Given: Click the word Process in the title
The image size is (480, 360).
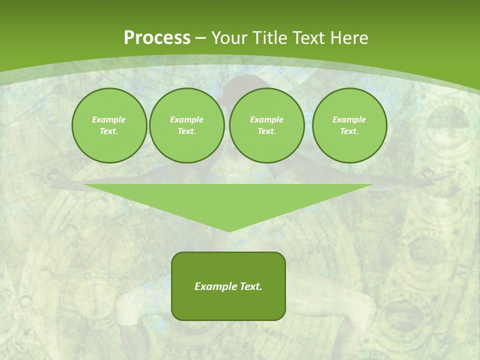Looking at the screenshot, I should click(x=157, y=38).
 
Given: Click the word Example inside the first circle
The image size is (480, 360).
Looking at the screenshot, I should click(x=109, y=119).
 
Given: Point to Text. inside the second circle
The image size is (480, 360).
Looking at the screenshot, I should click(x=187, y=131).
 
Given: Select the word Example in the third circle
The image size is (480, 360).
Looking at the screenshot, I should click(x=267, y=119).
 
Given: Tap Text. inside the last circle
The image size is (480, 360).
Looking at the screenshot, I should click(x=349, y=131).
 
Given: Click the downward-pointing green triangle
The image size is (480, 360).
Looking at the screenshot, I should click(x=228, y=200).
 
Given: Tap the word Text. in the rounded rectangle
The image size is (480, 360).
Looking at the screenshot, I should click(x=251, y=286).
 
